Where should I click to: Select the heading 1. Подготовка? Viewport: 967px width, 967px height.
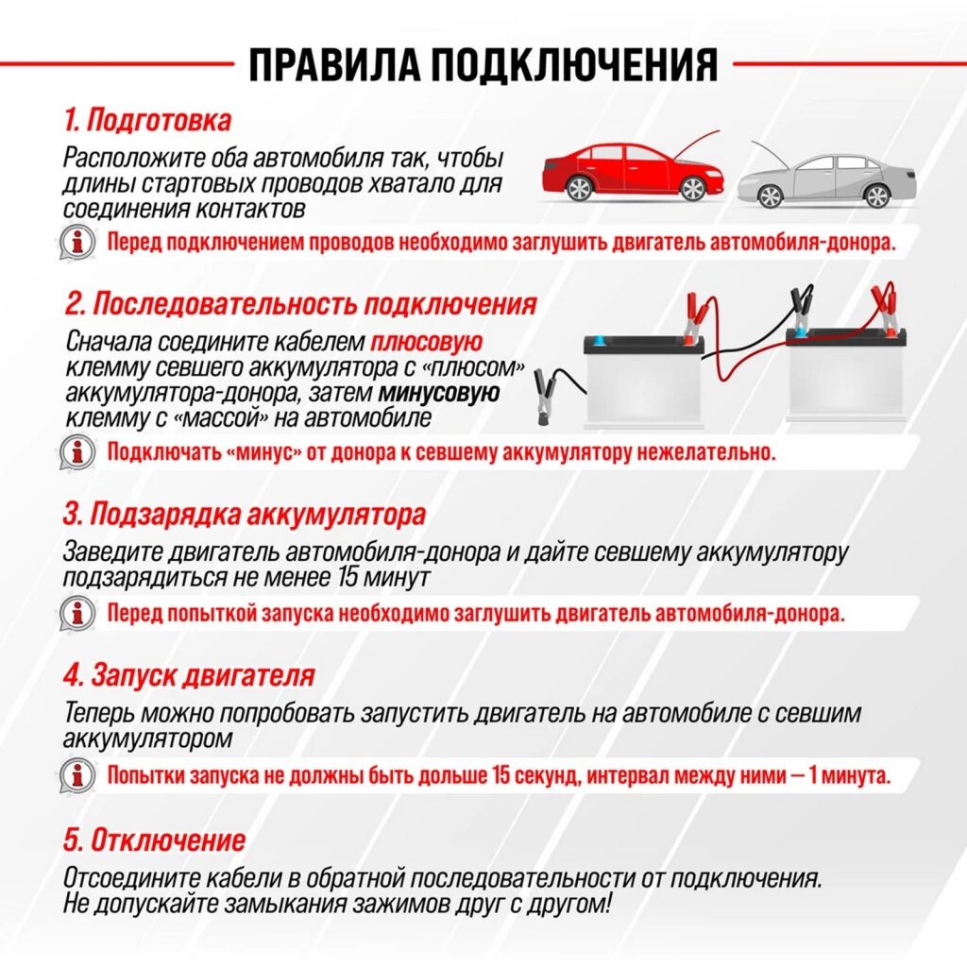click(x=147, y=121)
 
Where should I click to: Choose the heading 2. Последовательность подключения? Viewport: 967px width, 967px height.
click(x=301, y=304)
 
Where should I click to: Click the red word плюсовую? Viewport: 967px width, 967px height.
click(x=427, y=343)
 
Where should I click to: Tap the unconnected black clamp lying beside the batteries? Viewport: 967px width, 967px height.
click(x=547, y=397)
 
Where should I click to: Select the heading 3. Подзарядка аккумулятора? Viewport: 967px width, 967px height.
click(x=245, y=516)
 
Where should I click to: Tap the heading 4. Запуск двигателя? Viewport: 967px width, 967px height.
click(x=189, y=676)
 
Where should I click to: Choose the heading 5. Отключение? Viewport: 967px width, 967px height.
click(x=154, y=840)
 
